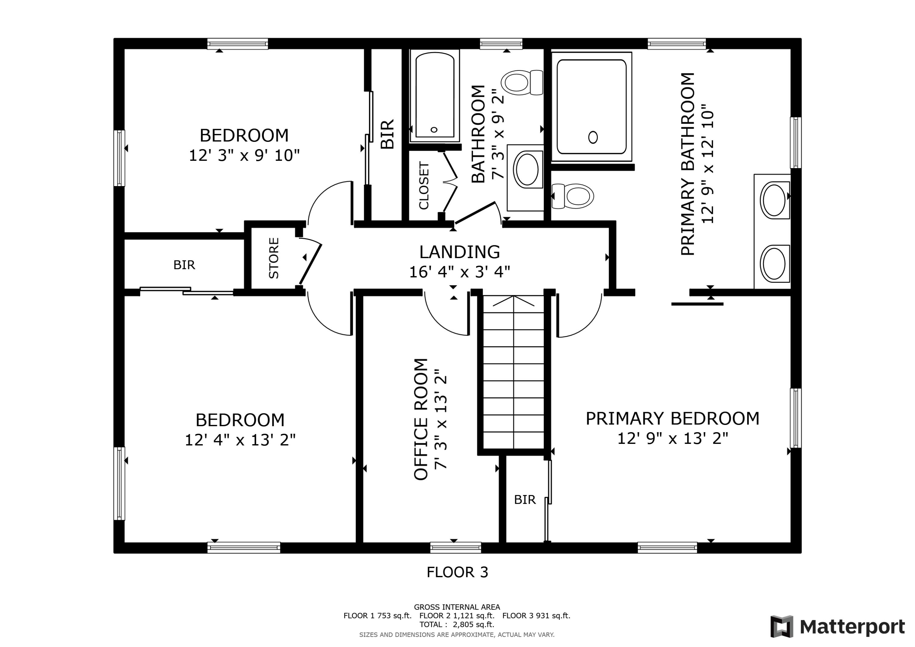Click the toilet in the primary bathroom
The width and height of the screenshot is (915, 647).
coord(573,196)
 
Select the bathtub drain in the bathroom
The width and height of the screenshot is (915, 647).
coord(434,130)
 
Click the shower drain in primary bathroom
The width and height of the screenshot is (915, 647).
coord(593,137)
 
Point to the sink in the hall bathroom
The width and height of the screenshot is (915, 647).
coord(527,169)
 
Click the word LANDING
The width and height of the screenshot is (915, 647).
coord(460,252)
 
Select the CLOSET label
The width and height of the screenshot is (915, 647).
coord(424,185)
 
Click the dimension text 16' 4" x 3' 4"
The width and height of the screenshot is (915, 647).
coord(460,272)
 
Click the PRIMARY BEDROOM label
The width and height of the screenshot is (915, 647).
coord(672,419)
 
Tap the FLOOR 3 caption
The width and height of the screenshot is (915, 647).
coord(457,572)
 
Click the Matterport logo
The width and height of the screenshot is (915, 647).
coord(837,626)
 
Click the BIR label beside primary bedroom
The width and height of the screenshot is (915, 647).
coord(525,499)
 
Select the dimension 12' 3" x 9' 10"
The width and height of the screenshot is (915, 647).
coord(244,155)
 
